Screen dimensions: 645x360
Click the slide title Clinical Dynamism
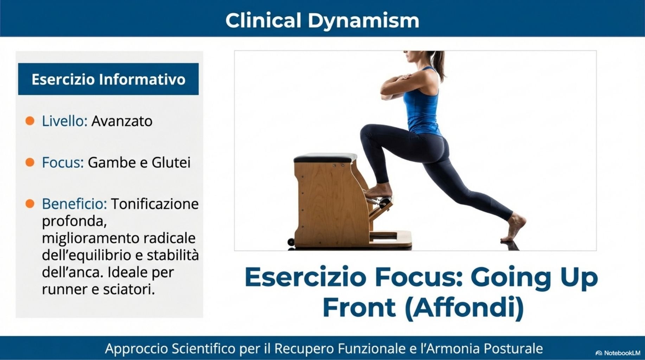click(x=322, y=20)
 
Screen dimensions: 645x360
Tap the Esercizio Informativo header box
click(x=108, y=79)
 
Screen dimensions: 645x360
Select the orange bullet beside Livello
click(x=30, y=121)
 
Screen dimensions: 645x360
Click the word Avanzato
click(x=122, y=121)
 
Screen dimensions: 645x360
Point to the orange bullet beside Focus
click(x=30, y=162)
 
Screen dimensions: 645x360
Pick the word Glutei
click(x=171, y=162)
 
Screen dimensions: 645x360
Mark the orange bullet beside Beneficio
click(x=30, y=204)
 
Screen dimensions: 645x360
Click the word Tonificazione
click(x=155, y=204)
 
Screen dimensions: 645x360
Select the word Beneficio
click(x=74, y=204)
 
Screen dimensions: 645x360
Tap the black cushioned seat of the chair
click(x=325, y=157)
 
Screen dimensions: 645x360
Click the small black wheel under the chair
click(x=291, y=242)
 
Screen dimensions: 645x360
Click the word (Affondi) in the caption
click(x=464, y=308)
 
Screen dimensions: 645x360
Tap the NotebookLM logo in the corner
click(x=618, y=353)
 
